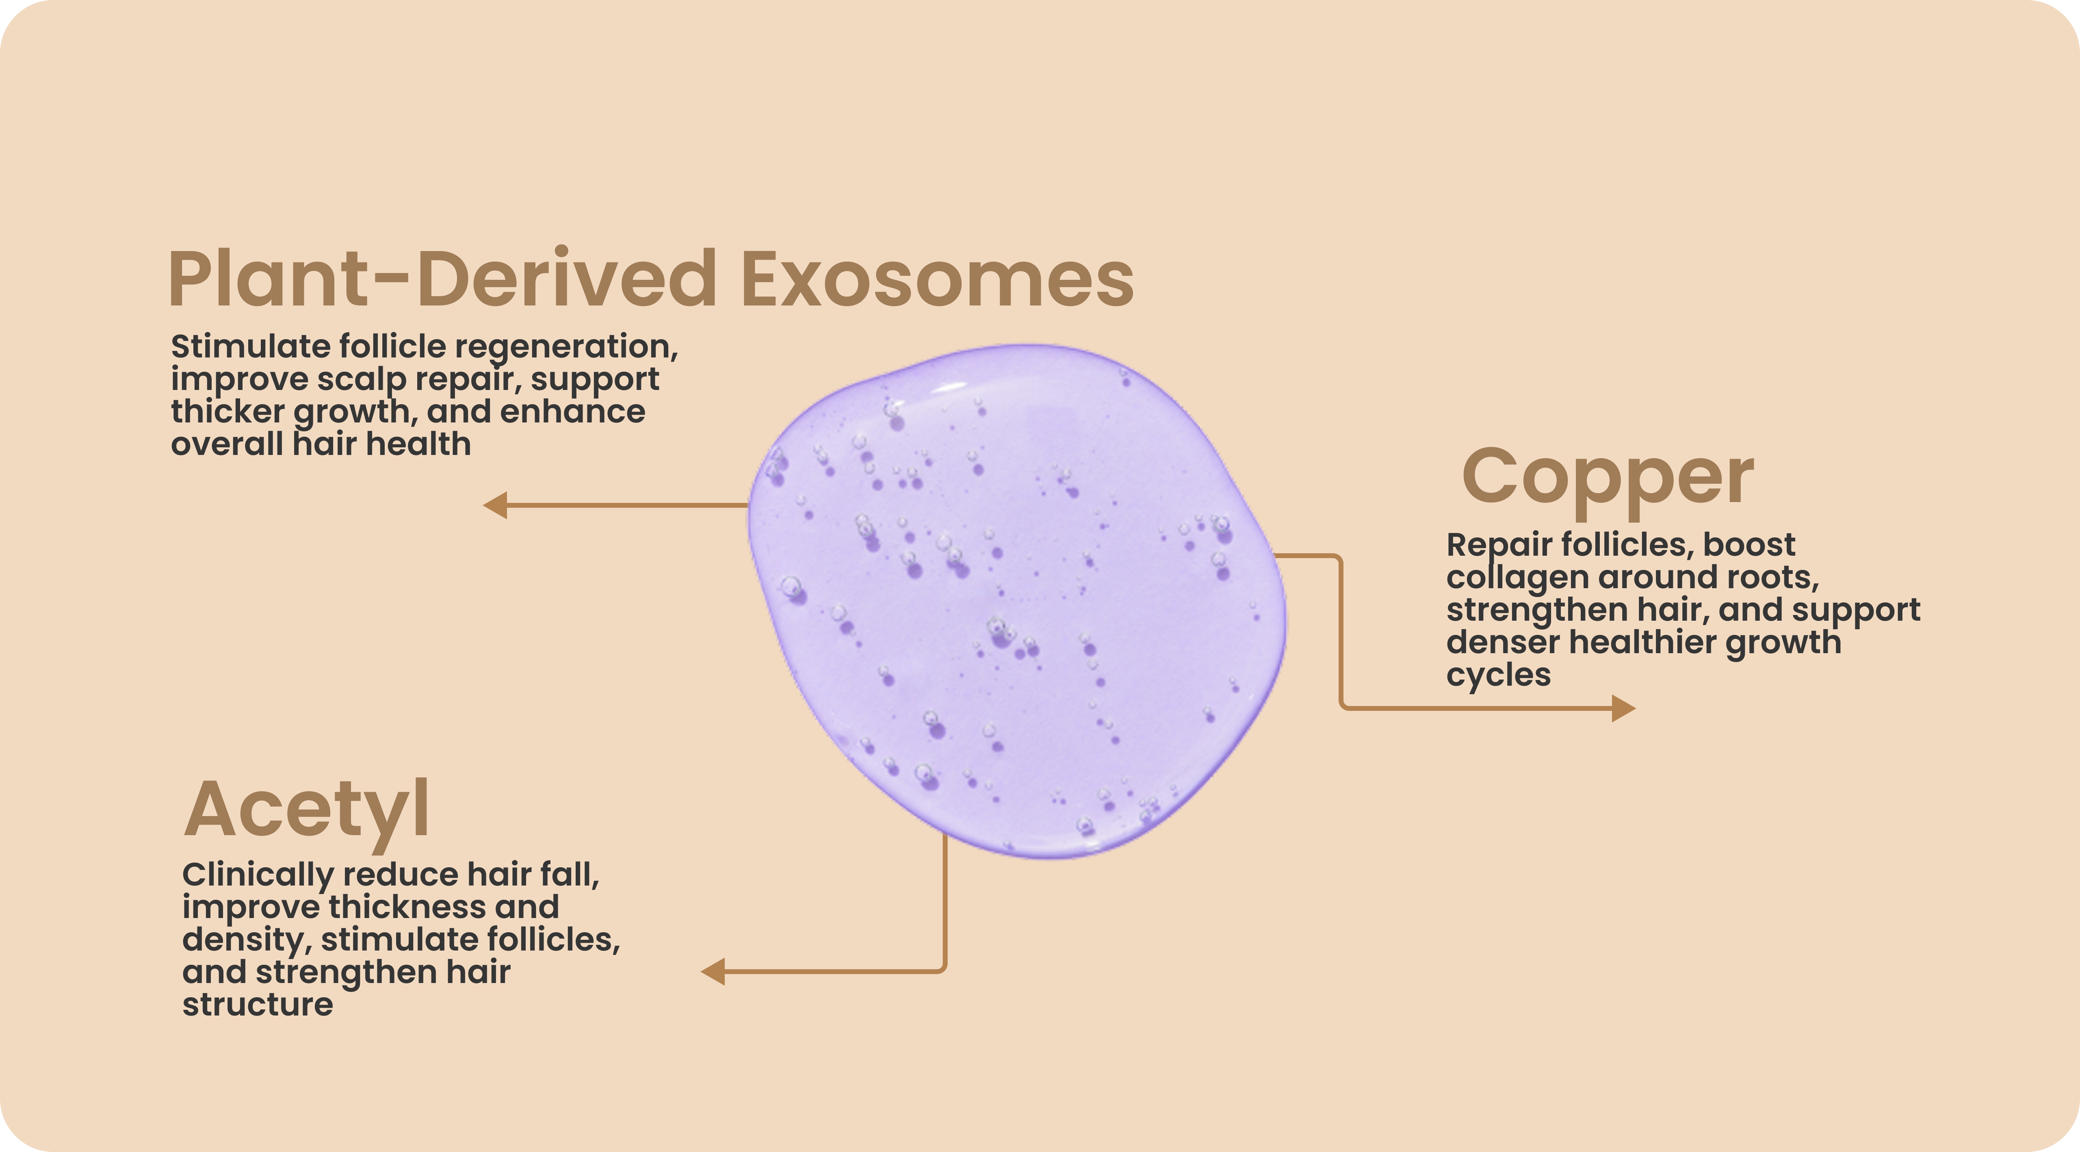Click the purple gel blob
(x=1016, y=602)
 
